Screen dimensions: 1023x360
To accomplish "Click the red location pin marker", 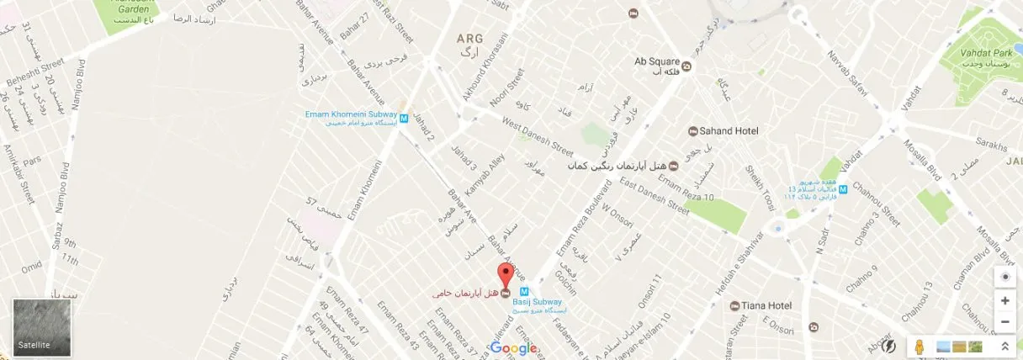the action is (x=505, y=276).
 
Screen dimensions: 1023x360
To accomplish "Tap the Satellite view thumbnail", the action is (x=42, y=327).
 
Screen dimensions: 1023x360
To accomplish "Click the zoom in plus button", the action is (x=1004, y=300).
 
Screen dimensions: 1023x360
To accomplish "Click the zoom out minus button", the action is (x=1004, y=322).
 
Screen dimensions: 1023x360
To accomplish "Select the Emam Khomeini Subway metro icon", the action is (x=404, y=119).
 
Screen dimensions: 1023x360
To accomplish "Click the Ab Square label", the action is (x=656, y=61).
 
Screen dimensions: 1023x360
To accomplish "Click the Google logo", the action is (x=513, y=348).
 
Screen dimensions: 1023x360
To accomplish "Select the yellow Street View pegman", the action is (x=920, y=346).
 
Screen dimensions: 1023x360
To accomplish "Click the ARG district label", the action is (x=469, y=39).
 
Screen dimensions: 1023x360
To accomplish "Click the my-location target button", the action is (x=1004, y=277).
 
